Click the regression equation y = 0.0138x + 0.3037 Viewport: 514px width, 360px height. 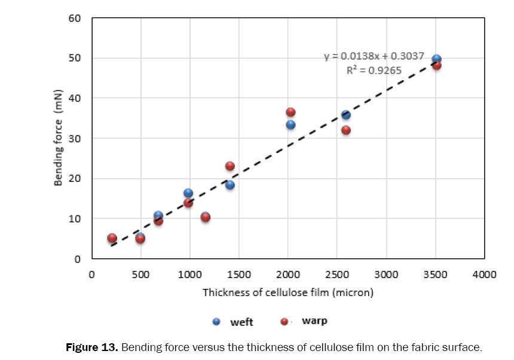374,57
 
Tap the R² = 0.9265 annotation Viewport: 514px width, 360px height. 374,70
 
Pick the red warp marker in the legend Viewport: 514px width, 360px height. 285,322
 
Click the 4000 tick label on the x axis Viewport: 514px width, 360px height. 484,274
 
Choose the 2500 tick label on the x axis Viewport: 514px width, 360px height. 336,274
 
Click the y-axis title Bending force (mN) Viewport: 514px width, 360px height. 59,139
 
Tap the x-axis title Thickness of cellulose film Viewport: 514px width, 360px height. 287,292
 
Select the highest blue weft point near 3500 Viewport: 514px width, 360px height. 436,59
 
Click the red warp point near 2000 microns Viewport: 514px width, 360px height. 290,112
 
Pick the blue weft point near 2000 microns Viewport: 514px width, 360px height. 290,124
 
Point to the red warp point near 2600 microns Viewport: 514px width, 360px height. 345,130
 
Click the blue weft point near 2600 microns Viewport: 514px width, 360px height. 345,115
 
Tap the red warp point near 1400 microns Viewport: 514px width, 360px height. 230,166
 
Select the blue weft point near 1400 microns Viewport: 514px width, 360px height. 230,185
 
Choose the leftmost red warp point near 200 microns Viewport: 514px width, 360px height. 112,238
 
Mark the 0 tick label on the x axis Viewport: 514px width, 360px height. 92,274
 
